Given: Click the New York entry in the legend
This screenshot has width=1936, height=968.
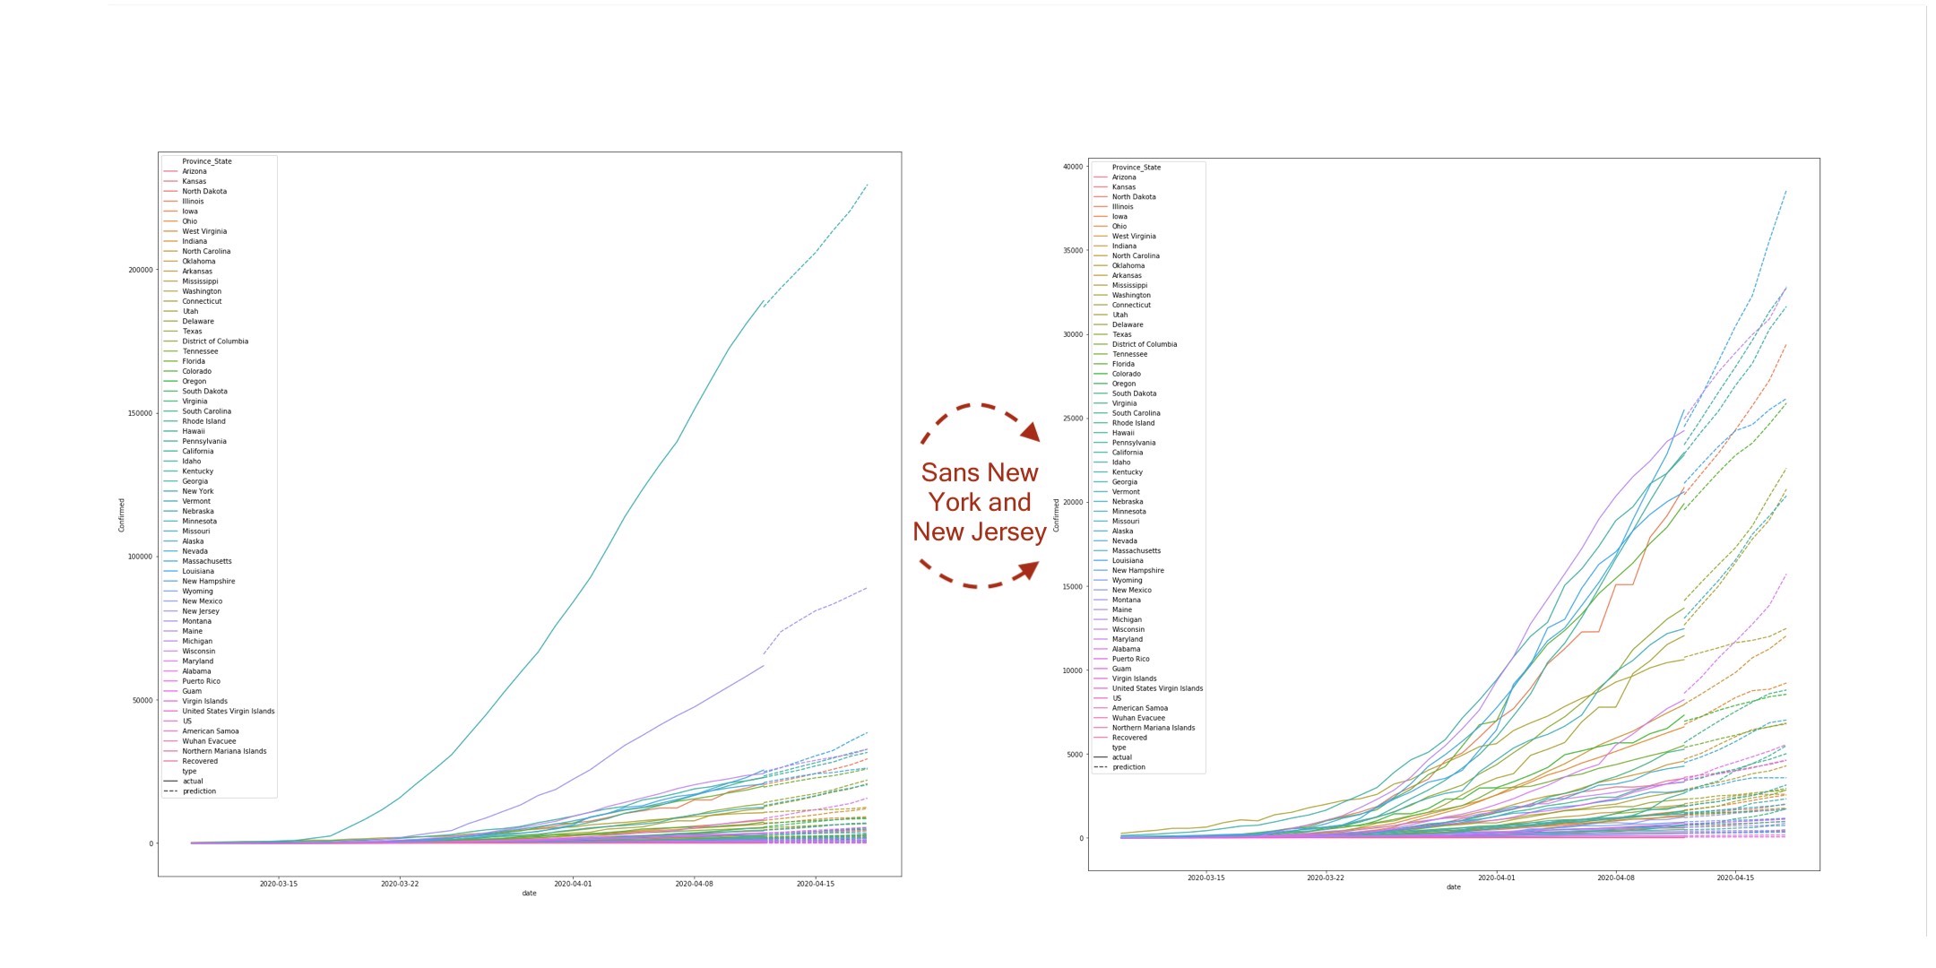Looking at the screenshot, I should pos(197,491).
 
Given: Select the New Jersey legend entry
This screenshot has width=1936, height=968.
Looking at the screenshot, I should pos(200,611).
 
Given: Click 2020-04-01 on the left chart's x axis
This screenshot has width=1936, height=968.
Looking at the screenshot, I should pos(572,884).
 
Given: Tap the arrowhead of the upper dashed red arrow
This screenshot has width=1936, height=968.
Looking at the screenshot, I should pos(1031,433).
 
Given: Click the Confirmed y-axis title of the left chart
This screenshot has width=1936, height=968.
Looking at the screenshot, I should pos(122,514).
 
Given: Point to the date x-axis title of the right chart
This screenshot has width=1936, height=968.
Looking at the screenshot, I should pos(1453,887).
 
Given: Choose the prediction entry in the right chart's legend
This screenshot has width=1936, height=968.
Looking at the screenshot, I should pos(1128,767).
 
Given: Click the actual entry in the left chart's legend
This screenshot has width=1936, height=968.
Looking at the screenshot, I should pos(193,781).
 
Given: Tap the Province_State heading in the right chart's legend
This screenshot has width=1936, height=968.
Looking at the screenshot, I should pos(1136,168).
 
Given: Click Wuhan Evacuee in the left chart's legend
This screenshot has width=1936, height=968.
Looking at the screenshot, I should pos(209,741).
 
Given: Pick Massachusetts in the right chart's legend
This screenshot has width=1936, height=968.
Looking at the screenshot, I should pos(1136,550).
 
